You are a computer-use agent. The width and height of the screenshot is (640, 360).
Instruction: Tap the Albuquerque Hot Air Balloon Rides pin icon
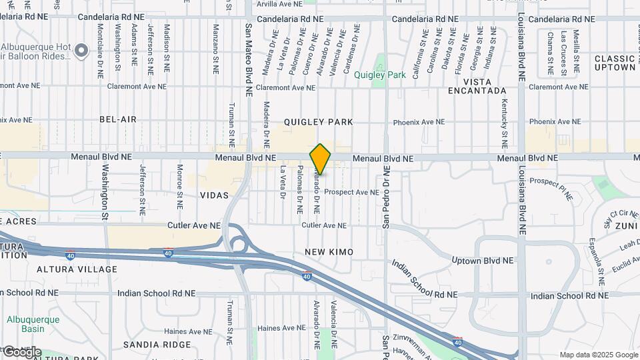[x=81, y=50]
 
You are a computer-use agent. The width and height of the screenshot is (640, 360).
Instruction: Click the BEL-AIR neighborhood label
[x=117, y=119]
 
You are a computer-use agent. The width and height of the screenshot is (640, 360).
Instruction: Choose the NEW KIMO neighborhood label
[x=329, y=251]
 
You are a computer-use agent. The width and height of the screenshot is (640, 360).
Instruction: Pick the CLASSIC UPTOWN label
[x=615, y=63]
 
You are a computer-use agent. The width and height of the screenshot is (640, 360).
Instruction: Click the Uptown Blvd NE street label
[x=483, y=261]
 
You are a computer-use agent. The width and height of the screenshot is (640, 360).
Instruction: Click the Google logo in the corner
[x=21, y=352]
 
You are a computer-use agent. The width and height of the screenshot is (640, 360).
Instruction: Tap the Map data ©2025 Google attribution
[x=598, y=355]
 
